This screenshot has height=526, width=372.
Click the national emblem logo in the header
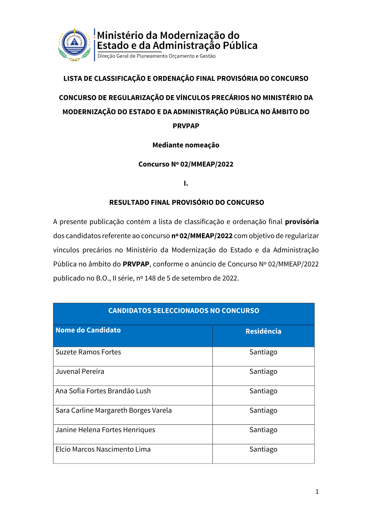point(74,45)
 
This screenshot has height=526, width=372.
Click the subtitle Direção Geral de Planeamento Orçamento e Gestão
point(157,56)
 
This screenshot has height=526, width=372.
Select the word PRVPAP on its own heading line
point(186,126)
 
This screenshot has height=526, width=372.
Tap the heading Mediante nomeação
point(186,145)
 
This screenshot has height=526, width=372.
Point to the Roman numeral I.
point(186,183)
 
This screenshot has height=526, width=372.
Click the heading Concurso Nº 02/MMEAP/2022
point(186,164)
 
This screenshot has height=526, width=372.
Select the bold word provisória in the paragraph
point(301,222)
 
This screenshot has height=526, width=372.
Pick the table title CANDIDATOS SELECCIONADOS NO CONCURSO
point(183,311)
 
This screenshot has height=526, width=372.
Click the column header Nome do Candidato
point(88,330)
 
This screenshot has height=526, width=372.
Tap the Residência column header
point(263,331)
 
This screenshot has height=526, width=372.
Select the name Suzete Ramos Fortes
point(88,352)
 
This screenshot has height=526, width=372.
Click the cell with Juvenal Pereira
point(80,372)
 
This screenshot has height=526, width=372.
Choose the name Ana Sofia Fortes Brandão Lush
point(103,391)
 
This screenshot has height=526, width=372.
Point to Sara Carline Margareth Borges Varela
point(113,410)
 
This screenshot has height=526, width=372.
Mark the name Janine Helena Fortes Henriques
point(105,430)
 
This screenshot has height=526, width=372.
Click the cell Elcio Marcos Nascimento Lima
point(103,449)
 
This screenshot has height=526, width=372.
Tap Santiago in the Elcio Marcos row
point(263,449)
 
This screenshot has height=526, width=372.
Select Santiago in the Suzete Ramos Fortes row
point(263,352)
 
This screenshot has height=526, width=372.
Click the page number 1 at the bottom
point(317,492)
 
